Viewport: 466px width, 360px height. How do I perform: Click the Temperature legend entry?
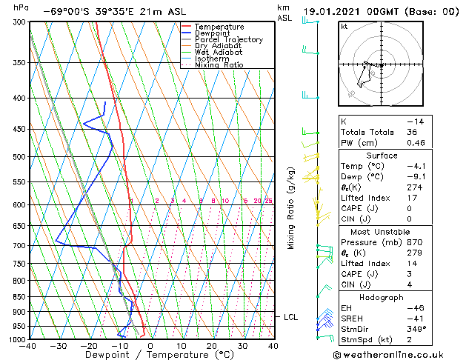219,27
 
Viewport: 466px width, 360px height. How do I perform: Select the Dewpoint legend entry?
213,33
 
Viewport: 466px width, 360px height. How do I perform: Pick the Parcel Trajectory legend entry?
228,40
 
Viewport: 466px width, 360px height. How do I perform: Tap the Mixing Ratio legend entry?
219,65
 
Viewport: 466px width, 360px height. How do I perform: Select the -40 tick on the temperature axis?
29,346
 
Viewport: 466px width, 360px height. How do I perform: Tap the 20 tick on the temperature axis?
212,346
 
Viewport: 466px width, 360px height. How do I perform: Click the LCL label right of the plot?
291,317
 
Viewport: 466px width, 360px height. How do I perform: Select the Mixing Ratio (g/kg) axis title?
291,208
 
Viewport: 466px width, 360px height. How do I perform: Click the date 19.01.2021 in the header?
331,12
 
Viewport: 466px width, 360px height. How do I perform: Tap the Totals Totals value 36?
412,132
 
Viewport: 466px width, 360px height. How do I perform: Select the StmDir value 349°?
415,329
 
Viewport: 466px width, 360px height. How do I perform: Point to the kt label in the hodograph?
344,26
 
